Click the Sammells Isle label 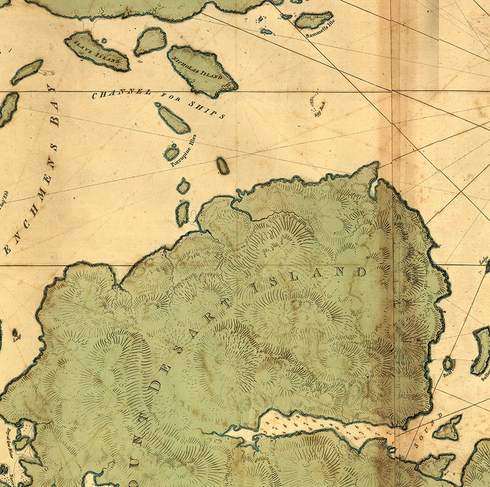[x=320, y=35]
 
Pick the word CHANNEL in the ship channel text [x=121, y=93]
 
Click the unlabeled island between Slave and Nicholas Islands [x=151, y=41]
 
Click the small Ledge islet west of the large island [x=15, y=334]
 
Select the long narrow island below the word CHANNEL [x=173, y=119]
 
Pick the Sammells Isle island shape [x=314, y=20]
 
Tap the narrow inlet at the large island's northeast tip [x=373, y=188]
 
